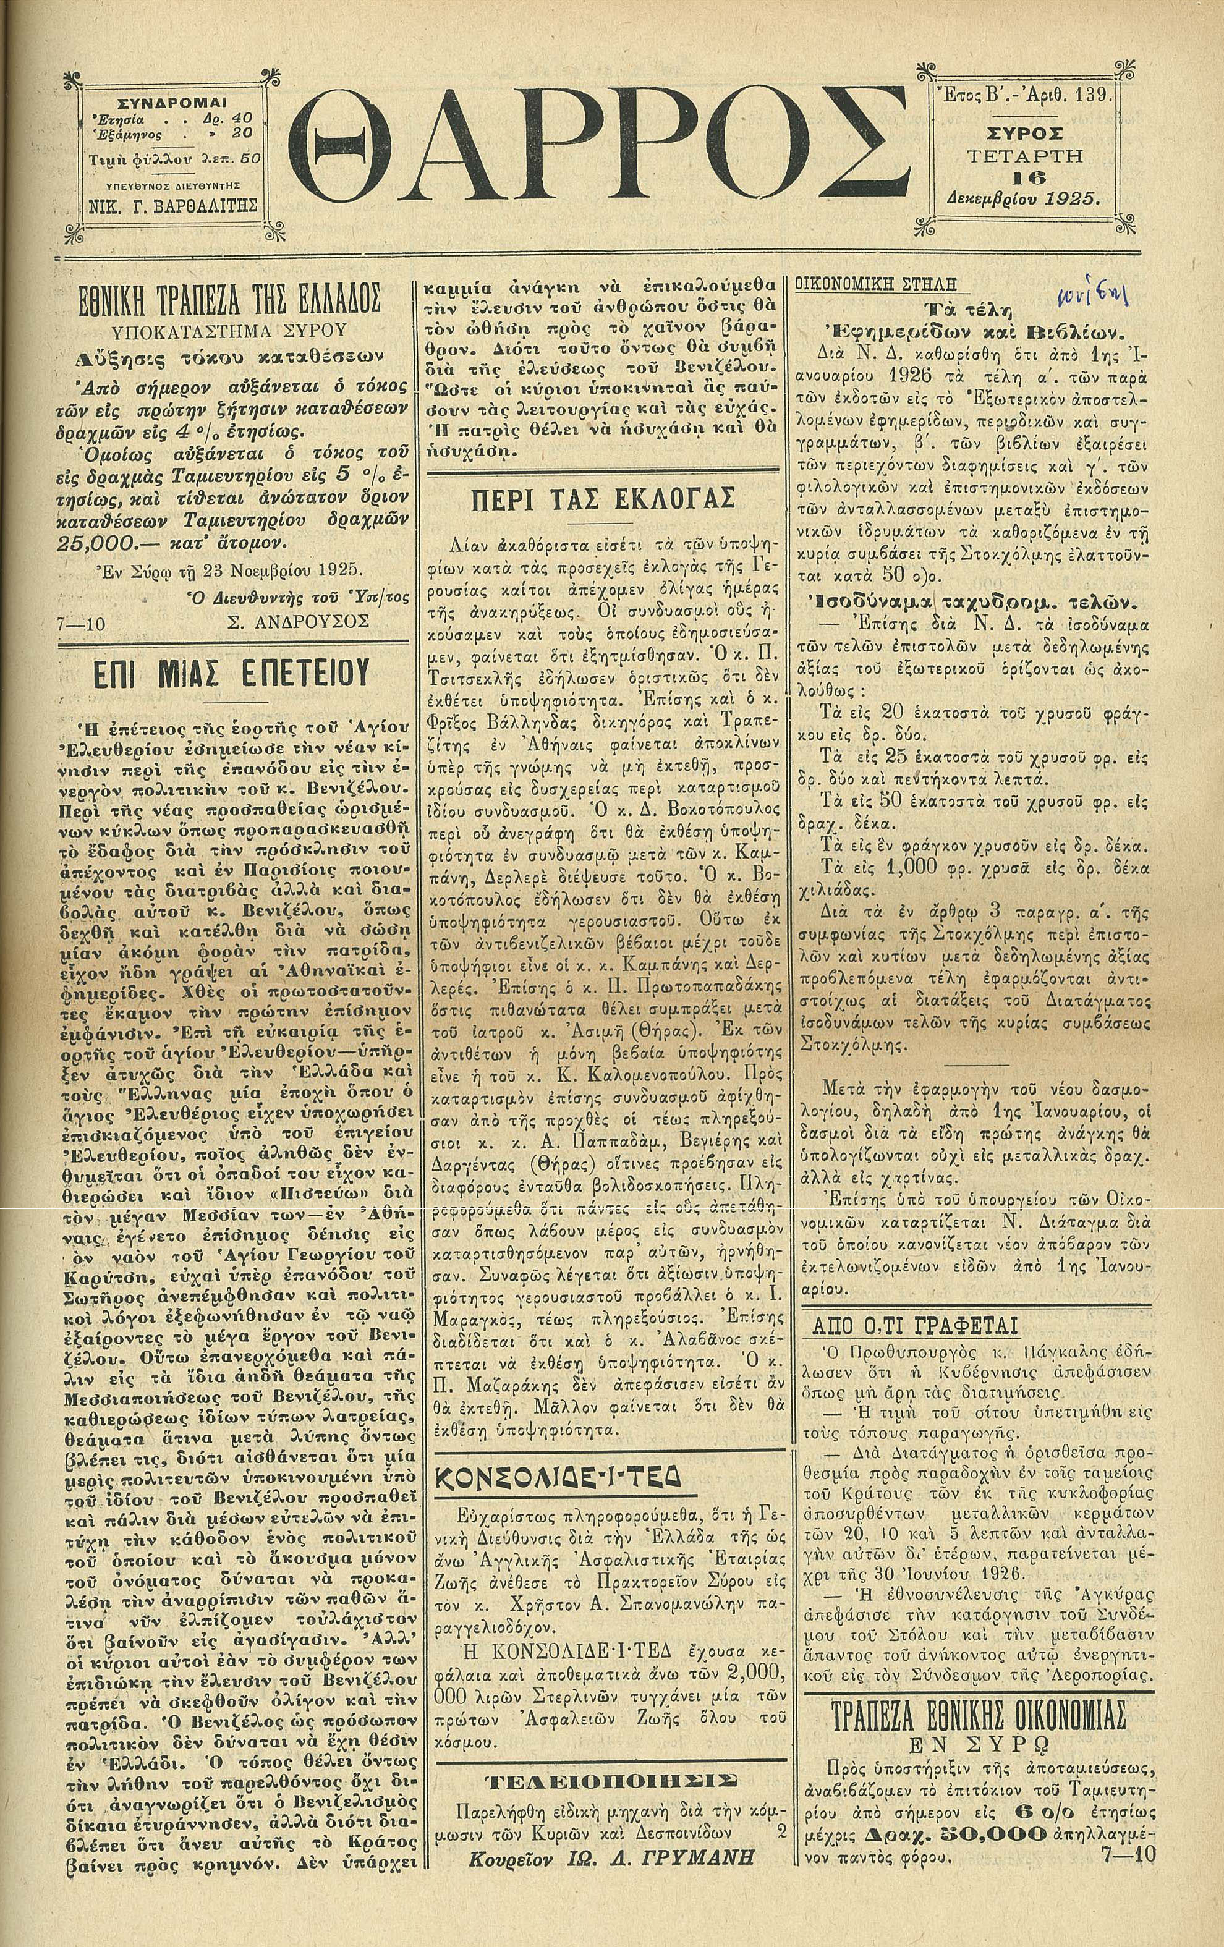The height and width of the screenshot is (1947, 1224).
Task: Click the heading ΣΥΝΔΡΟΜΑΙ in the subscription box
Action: (172, 103)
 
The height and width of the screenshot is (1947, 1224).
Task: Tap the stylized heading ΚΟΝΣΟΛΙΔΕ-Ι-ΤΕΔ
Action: (558, 1477)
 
